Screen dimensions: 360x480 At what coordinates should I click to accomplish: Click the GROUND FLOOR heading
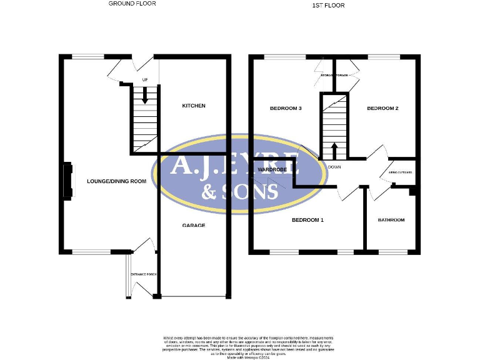[132, 4]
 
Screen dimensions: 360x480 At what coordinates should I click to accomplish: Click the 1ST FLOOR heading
[328, 5]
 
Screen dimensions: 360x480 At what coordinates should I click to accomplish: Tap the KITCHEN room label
[194, 106]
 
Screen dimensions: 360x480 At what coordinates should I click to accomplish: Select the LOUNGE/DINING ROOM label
[116, 181]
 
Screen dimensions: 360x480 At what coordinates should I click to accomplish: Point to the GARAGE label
[194, 225]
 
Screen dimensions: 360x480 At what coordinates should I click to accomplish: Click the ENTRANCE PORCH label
[143, 275]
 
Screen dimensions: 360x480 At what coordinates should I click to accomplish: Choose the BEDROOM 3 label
[286, 108]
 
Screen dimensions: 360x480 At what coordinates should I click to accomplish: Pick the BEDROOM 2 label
[382, 108]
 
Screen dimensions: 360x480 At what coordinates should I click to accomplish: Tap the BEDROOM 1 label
[308, 220]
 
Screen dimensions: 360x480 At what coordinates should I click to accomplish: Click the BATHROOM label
[391, 220]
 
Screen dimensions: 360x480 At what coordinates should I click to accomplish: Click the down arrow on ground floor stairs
[145, 96]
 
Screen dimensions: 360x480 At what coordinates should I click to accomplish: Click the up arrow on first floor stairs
[334, 150]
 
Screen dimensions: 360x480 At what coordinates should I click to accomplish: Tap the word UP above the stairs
[145, 79]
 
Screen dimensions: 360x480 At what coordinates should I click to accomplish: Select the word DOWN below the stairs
[334, 167]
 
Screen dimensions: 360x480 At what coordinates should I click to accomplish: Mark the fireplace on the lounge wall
[66, 181]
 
